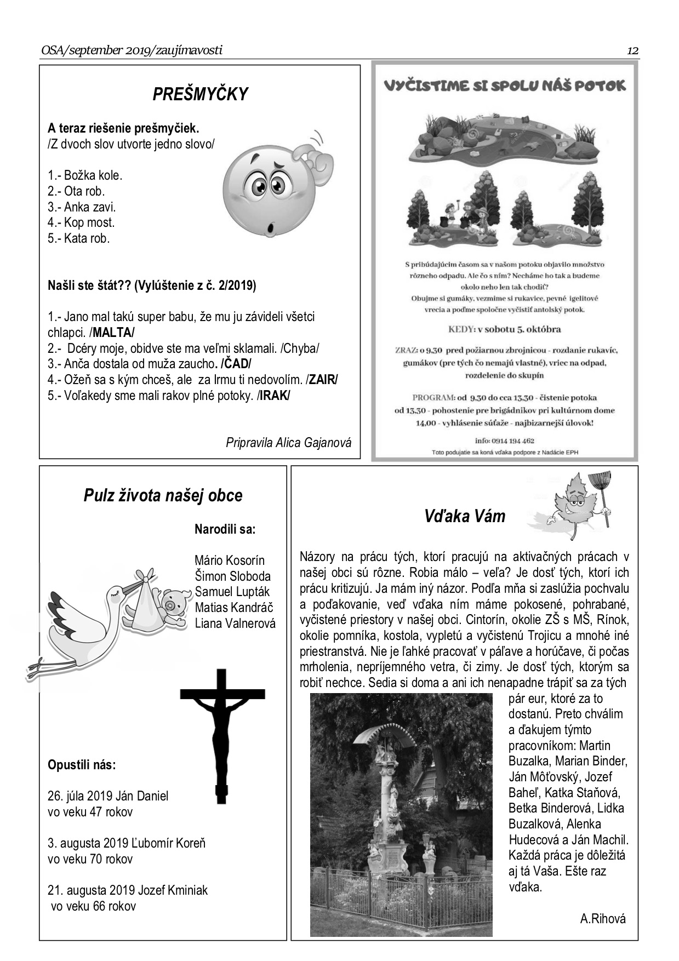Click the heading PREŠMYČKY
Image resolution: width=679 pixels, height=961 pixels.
click(200, 94)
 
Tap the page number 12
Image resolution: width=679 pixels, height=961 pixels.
click(632, 51)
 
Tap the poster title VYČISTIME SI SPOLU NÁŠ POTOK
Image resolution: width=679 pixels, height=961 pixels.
click(504, 85)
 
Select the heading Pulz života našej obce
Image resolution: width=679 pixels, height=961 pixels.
click(163, 495)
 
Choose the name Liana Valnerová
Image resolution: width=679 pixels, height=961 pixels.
click(235, 623)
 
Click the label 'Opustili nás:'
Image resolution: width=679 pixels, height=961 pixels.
click(82, 764)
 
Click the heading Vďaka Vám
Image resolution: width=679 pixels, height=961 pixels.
click(464, 516)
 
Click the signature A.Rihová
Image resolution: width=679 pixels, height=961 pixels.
click(602, 919)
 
